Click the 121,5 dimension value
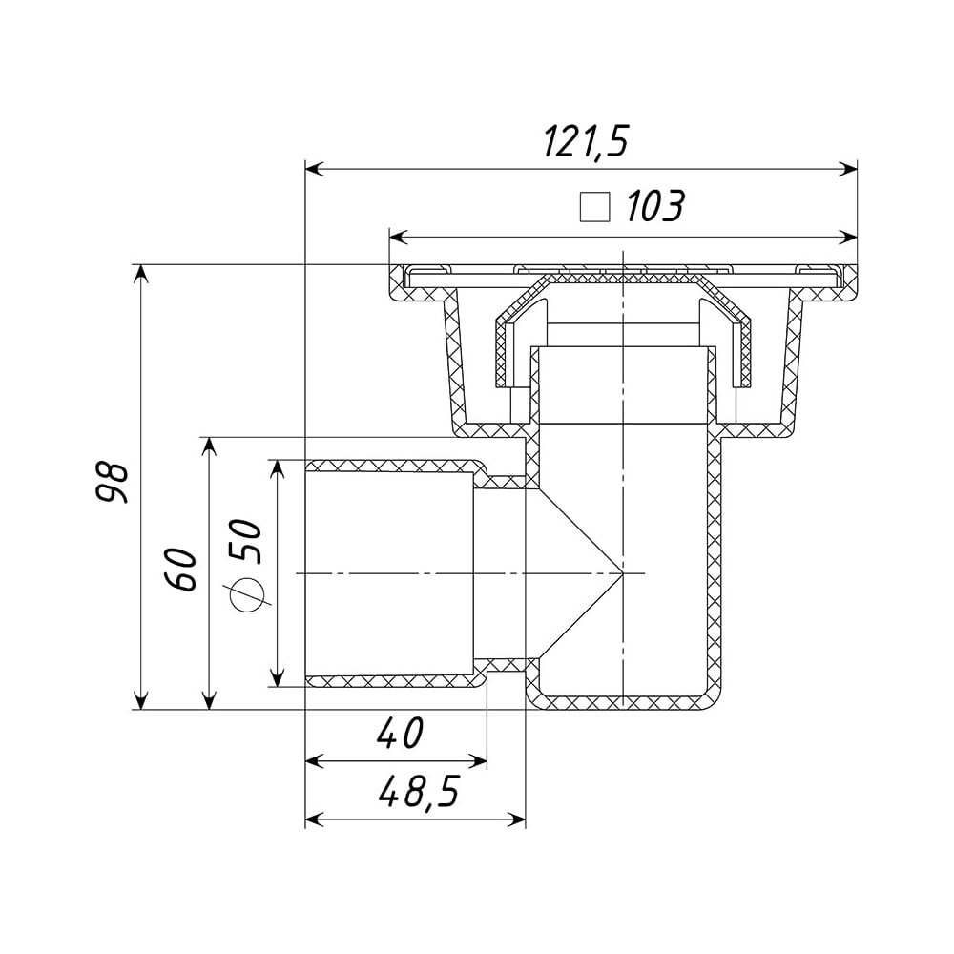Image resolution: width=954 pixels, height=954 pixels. click(x=585, y=142)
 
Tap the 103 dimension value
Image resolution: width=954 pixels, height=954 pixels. click(x=654, y=206)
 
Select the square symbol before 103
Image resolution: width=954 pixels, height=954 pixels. click(x=594, y=206)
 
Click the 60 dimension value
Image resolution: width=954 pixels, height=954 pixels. click(x=181, y=570)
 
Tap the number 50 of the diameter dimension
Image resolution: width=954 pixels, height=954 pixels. click(x=246, y=541)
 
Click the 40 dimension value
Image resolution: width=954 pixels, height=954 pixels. click(x=399, y=733)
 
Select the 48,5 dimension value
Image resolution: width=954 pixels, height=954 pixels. click(x=419, y=792)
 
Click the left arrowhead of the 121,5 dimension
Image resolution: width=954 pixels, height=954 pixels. click(x=314, y=169)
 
